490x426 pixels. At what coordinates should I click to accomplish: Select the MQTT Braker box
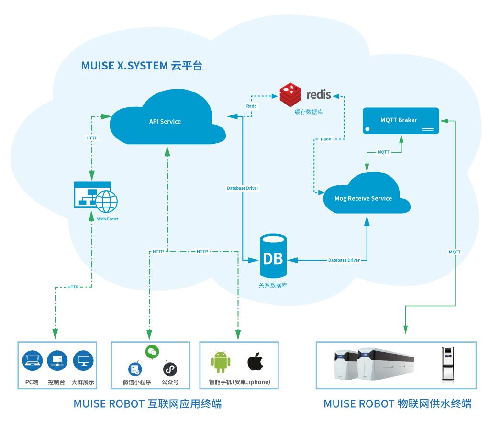click(401, 120)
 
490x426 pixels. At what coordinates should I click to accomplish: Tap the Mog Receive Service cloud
click(364, 197)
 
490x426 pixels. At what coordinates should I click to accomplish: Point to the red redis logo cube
click(290, 94)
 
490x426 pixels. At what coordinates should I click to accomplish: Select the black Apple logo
click(255, 362)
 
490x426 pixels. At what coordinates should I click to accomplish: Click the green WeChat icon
click(151, 352)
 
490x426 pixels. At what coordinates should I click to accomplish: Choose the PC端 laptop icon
click(32, 362)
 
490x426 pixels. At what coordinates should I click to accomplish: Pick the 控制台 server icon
click(57, 362)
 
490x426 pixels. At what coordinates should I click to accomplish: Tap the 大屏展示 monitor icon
click(82, 362)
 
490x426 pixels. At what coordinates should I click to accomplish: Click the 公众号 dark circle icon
click(170, 369)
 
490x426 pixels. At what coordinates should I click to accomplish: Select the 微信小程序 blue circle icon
click(134, 369)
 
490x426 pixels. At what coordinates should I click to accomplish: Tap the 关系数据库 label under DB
click(273, 286)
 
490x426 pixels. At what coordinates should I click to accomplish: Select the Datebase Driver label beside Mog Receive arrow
click(344, 260)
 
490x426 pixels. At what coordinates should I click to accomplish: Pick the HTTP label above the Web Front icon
click(91, 138)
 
